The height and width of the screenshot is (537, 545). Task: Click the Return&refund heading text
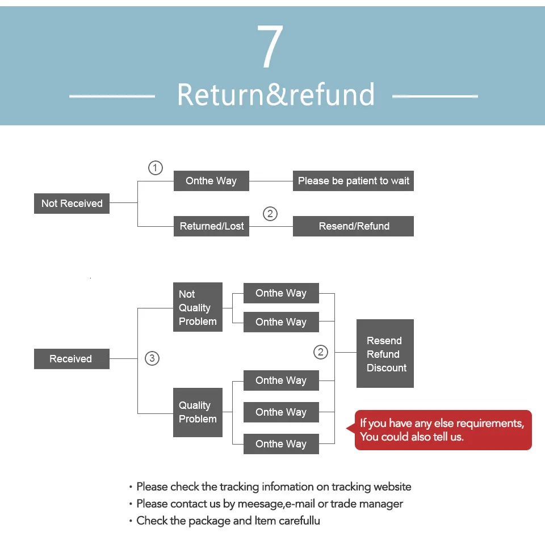click(x=276, y=95)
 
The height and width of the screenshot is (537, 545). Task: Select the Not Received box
click(x=72, y=204)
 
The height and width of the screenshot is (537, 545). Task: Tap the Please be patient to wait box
click(x=353, y=181)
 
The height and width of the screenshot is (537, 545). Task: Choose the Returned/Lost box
click(x=211, y=226)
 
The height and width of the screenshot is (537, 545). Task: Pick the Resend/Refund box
click(x=353, y=226)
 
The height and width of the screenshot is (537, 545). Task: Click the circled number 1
click(x=156, y=168)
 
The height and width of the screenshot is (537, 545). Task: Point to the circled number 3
click(x=152, y=358)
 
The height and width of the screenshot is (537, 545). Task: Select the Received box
click(x=72, y=359)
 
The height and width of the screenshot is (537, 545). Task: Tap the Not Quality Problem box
click(x=198, y=307)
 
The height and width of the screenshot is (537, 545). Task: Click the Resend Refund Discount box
click(x=385, y=353)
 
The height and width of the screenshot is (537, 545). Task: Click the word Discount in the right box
click(x=387, y=368)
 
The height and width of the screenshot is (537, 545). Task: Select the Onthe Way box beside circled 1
click(x=211, y=181)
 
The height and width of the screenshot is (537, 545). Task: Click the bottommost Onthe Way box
click(x=281, y=444)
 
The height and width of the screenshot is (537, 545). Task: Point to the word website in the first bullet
click(x=392, y=487)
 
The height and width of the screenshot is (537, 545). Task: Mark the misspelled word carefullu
click(x=299, y=521)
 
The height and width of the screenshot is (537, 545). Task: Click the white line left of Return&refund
click(x=112, y=96)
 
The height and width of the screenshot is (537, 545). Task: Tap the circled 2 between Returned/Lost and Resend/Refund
click(x=270, y=213)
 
